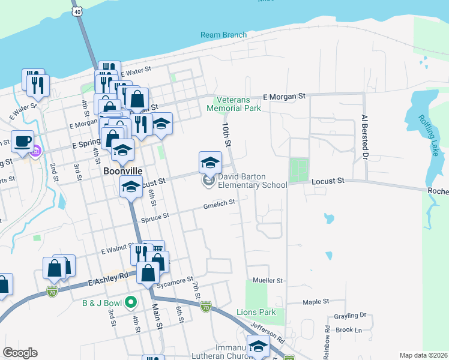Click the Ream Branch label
[223, 35]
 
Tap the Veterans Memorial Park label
[234, 104]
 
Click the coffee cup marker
[23, 142]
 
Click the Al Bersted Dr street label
[363, 138]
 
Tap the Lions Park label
[256, 313]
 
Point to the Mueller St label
[268, 280]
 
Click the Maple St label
[316, 302]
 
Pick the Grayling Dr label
[351, 315]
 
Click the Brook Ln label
[349, 330]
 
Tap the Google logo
[20, 353]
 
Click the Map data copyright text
[423, 355]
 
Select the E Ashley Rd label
[108, 279]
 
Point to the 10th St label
[226, 135]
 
